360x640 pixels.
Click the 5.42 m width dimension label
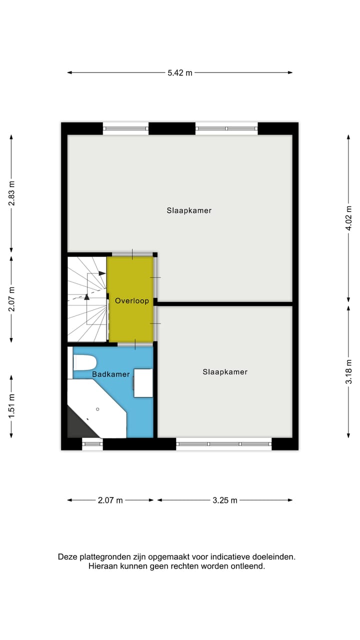pyautogui.click(x=180, y=72)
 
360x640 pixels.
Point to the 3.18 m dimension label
pyautogui.click(x=349, y=371)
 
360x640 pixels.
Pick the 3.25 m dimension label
pyautogui.click(x=224, y=499)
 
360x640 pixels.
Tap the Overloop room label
pyautogui.click(x=131, y=300)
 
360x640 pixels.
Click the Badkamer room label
pyautogui.click(x=110, y=374)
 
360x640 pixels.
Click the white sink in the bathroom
pyautogui.click(x=143, y=383)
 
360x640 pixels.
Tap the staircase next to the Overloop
pyautogui.click(x=87, y=298)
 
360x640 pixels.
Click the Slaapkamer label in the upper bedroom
pyautogui.click(x=189, y=210)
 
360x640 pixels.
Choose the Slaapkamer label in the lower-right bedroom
pyautogui.click(x=225, y=372)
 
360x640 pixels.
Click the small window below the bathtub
pyautogui.click(x=92, y=443)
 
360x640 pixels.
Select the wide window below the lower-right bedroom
pyautogui.click(x=224, y=443)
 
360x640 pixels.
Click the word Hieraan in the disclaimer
pyautogui.click(x=102, y=566)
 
